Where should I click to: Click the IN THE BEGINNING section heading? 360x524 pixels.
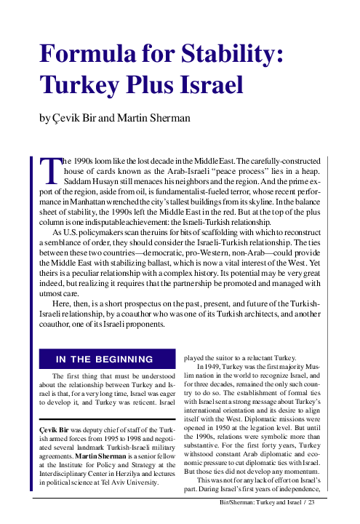(105, 359)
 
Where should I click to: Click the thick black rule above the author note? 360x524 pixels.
(105, 420)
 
